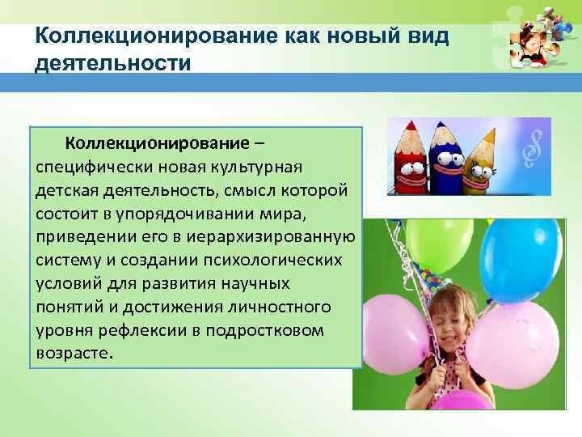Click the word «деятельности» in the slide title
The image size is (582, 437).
113,63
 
